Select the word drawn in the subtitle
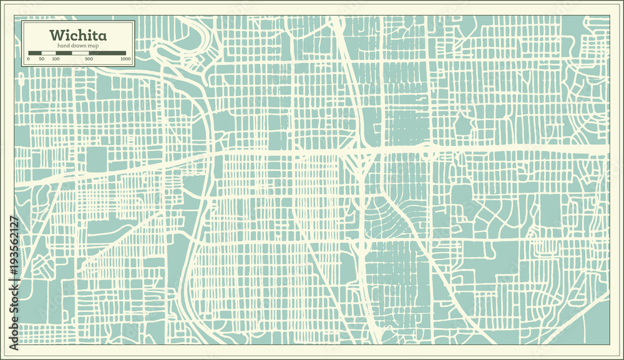pyautogui.click(x=77, y=46)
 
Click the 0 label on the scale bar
pyautogui.click(x=28, y=59)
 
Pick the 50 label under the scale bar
pyautogui.click(x=42, y=59)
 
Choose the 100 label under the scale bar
pyautogui.click(x=56, y=59)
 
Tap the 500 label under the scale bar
pyautogui.click(x=89, y=59)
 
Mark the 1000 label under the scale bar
pyautogui.click(x=125, y=59)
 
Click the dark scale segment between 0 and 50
pyautogui.click(x=35, y=53)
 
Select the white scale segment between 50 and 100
pyautogui.click(x=49, y=53)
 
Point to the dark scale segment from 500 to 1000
pyautogui.click(x=107, y=53)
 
